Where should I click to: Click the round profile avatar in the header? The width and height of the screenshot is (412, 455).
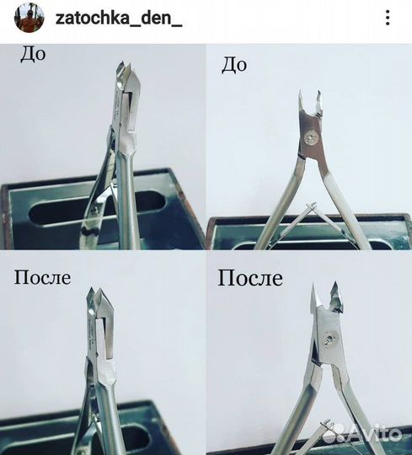point(23,18)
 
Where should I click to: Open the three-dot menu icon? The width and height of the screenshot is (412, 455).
point(387,18)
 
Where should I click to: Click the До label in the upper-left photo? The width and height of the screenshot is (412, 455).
point(33,55)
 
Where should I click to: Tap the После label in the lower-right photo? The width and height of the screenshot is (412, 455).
point(250,277)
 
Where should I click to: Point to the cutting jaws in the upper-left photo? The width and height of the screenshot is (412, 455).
point(124,78)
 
